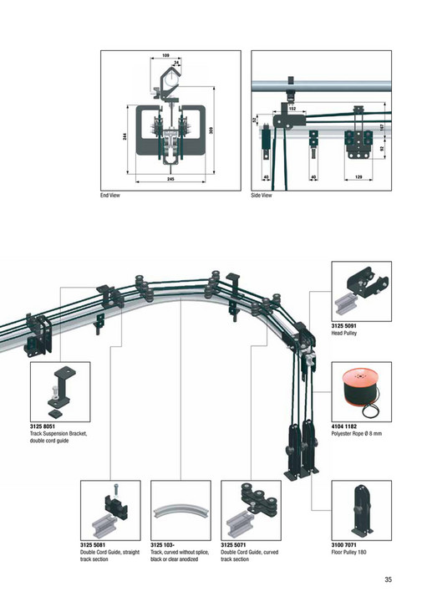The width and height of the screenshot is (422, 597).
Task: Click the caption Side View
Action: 262,196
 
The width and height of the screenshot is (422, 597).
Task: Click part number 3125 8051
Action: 44,427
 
